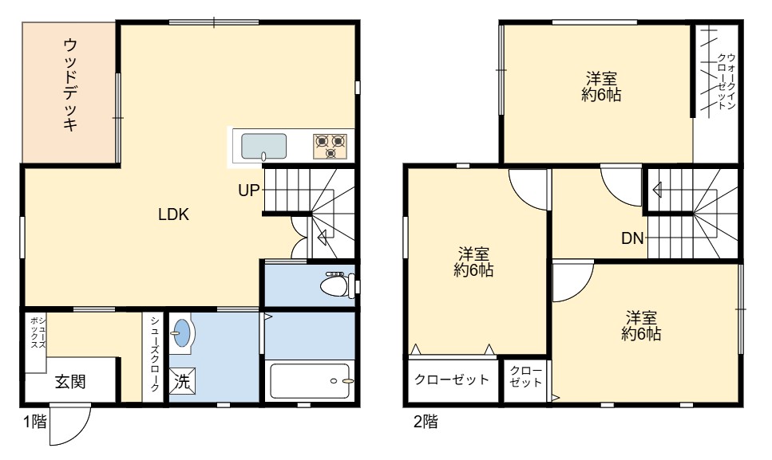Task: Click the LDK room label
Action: pos(173,214)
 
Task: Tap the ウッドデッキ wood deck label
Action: pos(71,85)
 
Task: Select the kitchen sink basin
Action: pos(264,147)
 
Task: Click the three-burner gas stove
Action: pos(330,147)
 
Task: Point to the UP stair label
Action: pos(248,191)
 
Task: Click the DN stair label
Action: pos(632,238)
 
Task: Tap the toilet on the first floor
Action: pos(338,285)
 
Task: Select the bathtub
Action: pos(310,381)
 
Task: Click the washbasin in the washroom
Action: pos(182,332)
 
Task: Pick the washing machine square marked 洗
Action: pos(182,381)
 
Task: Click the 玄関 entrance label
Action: pos(70,381)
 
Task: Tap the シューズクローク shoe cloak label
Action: pos(155,354)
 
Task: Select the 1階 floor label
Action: pos(35,422)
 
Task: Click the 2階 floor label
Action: pos(426,422)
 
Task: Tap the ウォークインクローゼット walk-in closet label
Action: pos(726,81)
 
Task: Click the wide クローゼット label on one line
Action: pos(452,379)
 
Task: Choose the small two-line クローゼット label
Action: pos(526,376)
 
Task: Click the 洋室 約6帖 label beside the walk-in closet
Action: pos(601,86)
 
